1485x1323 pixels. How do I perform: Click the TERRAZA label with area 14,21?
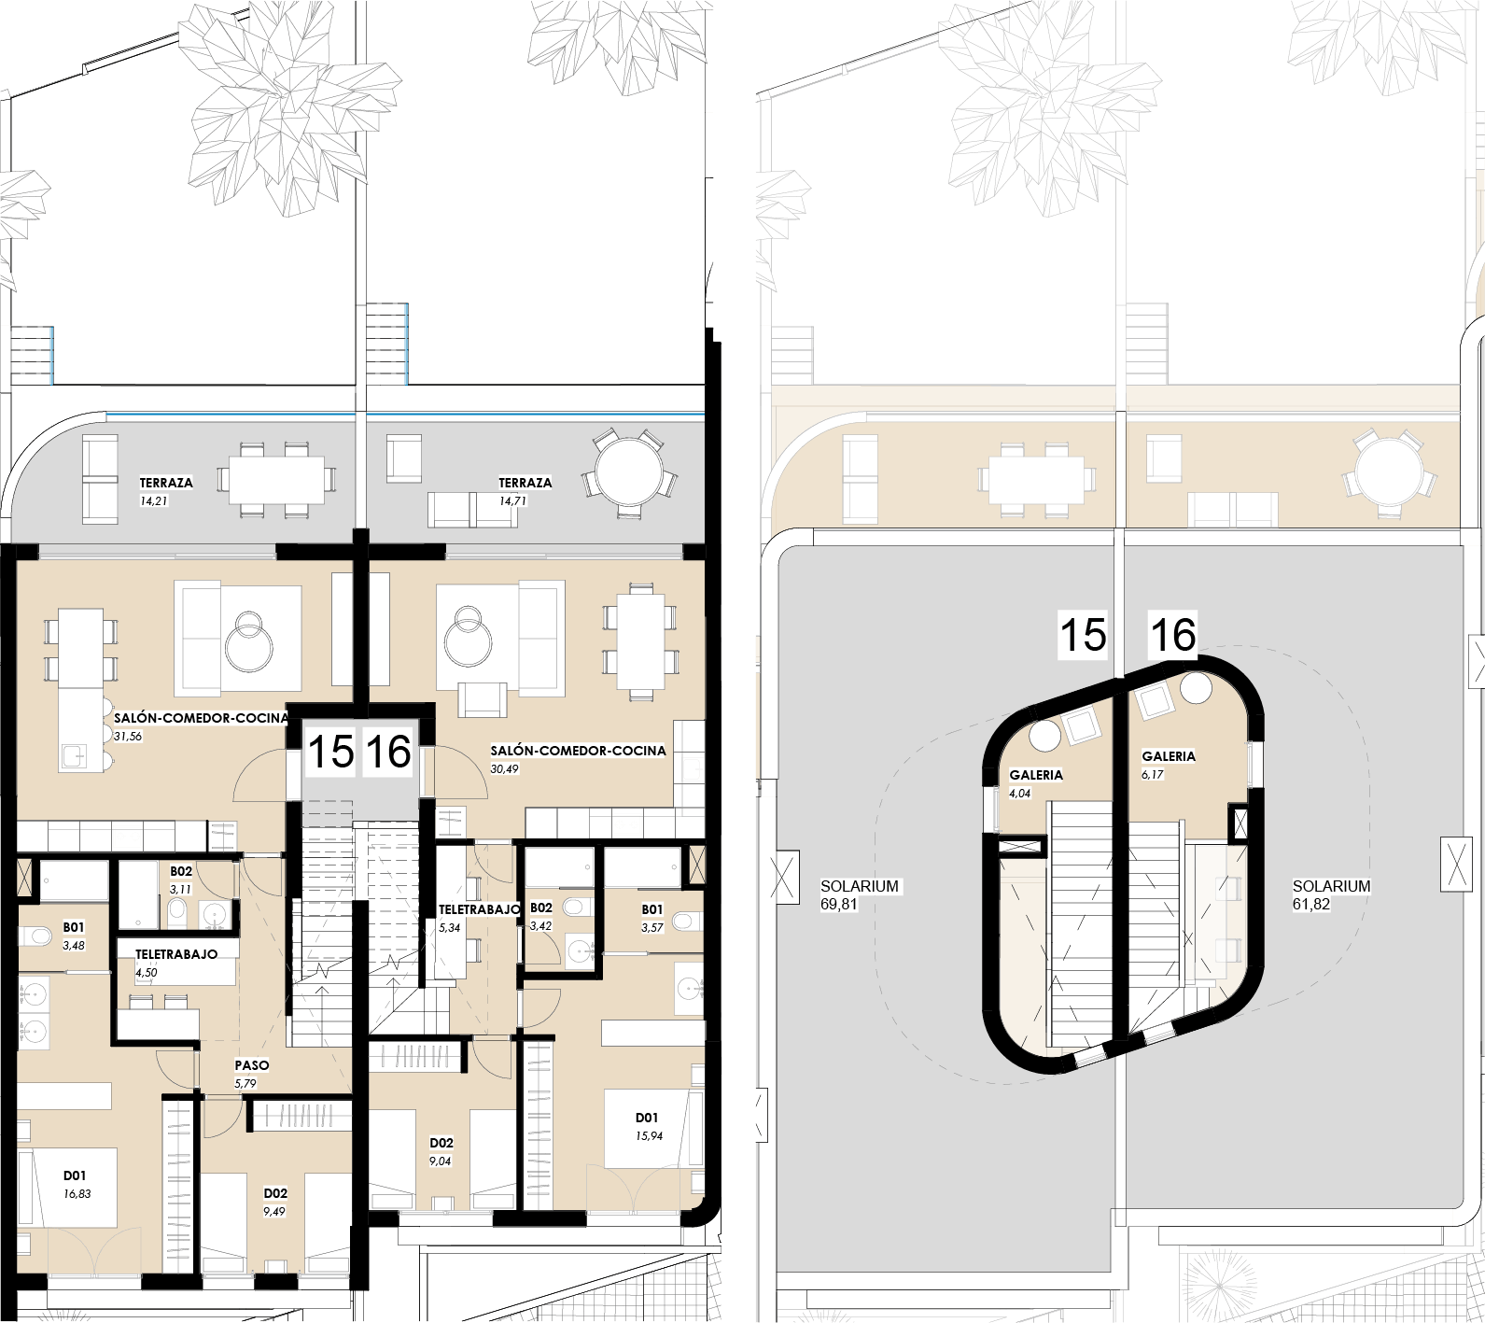[x=166, y=483]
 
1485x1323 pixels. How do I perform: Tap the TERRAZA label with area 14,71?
[x=525, y=483]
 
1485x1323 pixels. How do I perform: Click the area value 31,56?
[x=128, y=737]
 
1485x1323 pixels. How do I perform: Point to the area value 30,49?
[x=504, y=769]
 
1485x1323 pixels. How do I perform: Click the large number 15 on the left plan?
[x=330, y=752]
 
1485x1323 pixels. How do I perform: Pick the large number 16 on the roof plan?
[x=1172, y=635]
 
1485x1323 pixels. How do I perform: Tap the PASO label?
[x=252, y=1065]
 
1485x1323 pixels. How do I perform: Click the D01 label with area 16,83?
[x=75, y=1175]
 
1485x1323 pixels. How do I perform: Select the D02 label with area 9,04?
[x=441, y=1143]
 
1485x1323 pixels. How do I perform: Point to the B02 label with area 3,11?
[x=181, y=872]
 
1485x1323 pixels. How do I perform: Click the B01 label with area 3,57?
[x=652, y=909]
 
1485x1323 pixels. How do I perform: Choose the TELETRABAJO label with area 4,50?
[x=176, y=954]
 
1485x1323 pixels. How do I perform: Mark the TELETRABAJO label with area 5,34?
[x=480, y=909]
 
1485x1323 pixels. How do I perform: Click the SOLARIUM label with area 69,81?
[x=860, y=886]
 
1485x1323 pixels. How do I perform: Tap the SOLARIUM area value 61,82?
[x=1311, y=904]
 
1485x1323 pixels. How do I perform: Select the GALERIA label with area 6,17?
[x=1169, y=756]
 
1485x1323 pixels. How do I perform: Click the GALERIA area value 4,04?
[x=1020, y=794]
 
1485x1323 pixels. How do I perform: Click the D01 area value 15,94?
[x=649, y=1136]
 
